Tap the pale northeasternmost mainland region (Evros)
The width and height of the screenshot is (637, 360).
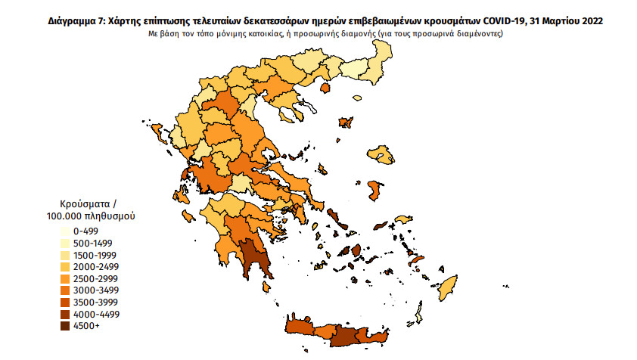[381, 61]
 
